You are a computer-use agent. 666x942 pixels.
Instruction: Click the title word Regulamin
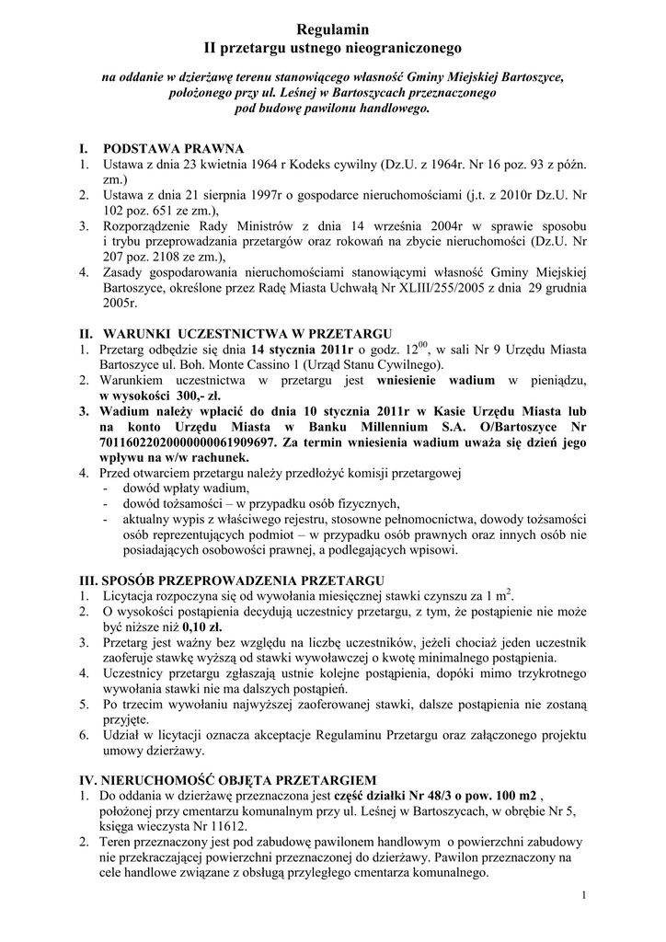tap(332, 29)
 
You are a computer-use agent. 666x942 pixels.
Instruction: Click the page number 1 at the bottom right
tap(585, 895)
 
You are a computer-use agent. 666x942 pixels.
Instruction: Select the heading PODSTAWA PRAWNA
tap(173, 148)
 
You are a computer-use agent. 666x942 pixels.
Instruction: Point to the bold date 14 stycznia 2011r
tap(303, 350)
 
